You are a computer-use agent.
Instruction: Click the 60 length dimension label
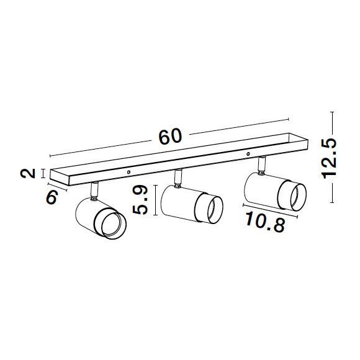click(x=170, y=137)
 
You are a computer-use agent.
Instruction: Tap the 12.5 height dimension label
click(x=329, y=159)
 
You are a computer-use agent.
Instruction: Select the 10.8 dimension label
click(x=265, y=222)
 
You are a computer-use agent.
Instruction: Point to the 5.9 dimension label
click(x=140, y=200)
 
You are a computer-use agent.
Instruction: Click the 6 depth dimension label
click(x=52, y=197)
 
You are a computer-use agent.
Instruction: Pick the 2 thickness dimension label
click(x=27, y=173)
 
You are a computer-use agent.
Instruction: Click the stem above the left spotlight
click(x=94, y=191)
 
